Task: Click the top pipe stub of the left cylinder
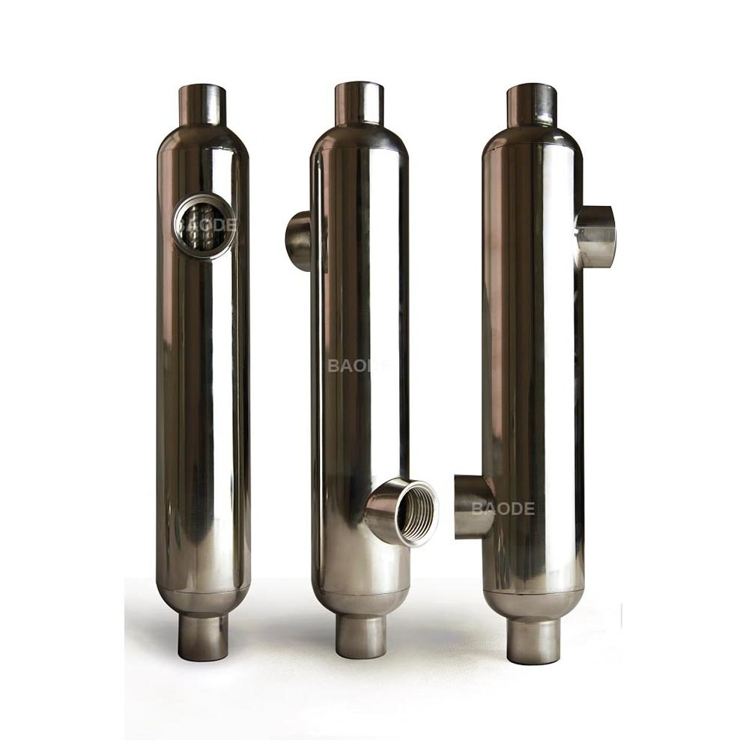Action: [201, 106]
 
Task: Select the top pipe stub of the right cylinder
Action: [531, 106]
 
